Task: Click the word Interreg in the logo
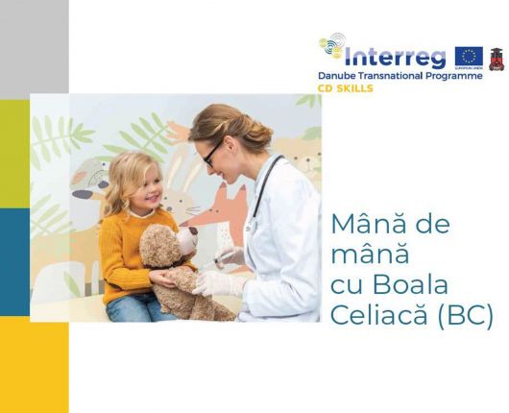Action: click(399, 55)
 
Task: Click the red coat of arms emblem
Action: click(497, 59)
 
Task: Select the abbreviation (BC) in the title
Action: click(464, 318)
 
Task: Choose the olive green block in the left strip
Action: click(14, 154)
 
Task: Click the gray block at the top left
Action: click(14, 48)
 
